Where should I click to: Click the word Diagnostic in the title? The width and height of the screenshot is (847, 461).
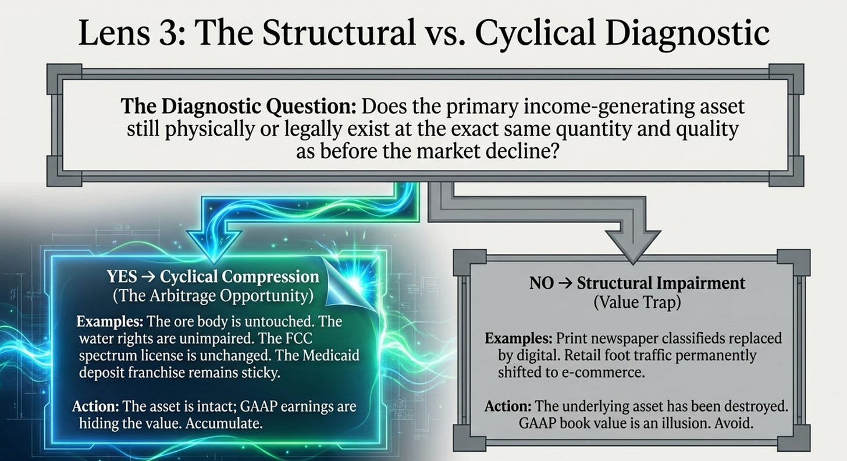pos(687,33)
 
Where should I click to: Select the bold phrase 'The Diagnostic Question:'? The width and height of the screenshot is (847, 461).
pos(239,107)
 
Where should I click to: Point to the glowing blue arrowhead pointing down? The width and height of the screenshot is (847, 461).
pos(214,244)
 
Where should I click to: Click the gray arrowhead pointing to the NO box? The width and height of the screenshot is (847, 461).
pos(634,246)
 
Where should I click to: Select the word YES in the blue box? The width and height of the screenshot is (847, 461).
pos(122,276)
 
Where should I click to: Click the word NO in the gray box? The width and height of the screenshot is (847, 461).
pos(542,283)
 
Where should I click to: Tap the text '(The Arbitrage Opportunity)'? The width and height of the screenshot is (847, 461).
pos(213,296)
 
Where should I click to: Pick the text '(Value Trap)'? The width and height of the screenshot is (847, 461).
pos(637,302)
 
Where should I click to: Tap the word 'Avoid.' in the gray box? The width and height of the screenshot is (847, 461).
pos(734,423)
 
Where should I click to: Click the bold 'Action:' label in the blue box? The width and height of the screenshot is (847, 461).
pos(95,406)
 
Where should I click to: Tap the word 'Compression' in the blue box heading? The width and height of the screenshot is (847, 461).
pos(271,276)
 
